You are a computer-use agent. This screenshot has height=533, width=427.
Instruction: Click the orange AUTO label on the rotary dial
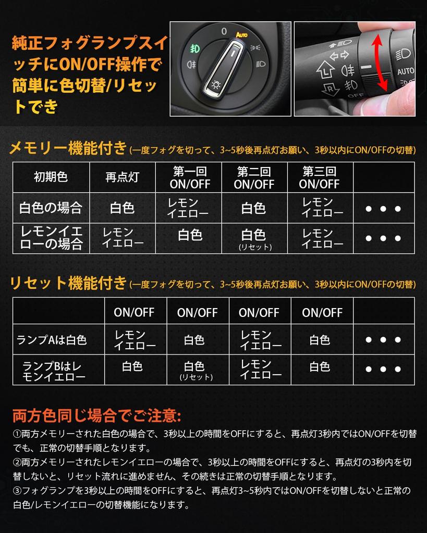(x=241, y=35)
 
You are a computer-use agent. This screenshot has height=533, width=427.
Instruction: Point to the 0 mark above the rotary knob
(x=224, y=32)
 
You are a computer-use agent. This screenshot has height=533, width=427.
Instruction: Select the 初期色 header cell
(x=51, y=177)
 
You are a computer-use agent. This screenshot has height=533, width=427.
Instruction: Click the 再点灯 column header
(x=122, y=177)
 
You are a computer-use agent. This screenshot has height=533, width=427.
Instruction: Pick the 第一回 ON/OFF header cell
(x=190, y=177)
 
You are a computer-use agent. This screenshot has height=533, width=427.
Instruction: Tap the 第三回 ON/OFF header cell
(x=320, y=177)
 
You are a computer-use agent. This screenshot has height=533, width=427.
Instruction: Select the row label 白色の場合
(x=51, y=208)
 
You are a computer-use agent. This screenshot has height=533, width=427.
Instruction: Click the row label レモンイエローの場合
(x=51, y=238)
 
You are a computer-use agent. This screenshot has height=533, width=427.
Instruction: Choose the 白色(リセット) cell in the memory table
(x=254, y=239)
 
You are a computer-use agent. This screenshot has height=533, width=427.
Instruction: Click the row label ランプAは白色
(x=52, y=340)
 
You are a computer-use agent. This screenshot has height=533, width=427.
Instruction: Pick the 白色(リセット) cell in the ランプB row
(x=195, y=370)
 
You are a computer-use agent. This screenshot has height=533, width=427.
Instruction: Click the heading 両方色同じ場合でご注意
(x=97, y=415)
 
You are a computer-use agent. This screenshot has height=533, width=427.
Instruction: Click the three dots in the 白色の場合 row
(x=383, y=209)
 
